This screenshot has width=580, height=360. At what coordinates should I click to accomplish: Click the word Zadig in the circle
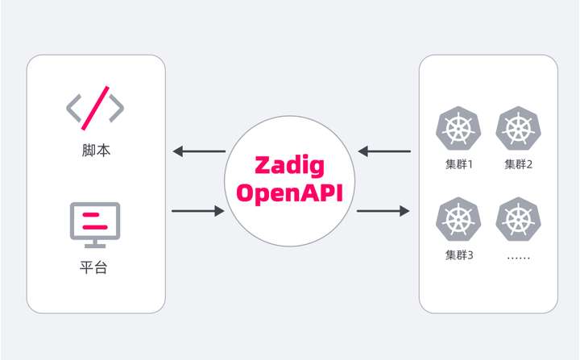click(290, 166)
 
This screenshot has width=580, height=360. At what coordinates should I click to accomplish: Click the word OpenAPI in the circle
click(290, 192)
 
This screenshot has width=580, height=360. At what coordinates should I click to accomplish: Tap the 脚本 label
click(96, 151)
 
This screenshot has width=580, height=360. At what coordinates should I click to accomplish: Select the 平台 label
click(93, 267)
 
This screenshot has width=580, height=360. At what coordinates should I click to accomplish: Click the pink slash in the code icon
click(95, 108)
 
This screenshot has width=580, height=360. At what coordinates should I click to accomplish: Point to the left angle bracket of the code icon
click(73, 108)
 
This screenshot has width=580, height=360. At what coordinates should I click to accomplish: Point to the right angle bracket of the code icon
click(117, 108)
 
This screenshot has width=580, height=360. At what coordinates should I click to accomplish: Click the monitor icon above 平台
click(95, 225)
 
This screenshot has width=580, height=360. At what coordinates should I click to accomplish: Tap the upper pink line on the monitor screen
click(90, 214)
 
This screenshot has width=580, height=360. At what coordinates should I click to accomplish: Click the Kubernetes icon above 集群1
click(458, 128)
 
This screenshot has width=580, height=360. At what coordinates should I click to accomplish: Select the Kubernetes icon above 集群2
click(518, 128)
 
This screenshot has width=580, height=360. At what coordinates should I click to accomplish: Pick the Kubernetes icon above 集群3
click(458, 219)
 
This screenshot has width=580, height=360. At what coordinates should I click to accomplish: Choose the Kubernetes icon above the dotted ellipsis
click(518, 219)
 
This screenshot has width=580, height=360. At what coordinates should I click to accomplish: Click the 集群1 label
click(459, 164)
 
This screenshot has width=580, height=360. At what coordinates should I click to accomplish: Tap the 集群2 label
click(519, 164)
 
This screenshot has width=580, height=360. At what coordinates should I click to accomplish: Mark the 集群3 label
click(459, 255)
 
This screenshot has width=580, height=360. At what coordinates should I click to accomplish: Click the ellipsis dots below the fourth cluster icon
click(519, 258)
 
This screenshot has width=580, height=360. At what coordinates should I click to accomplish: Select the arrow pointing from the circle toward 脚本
click(199, 151)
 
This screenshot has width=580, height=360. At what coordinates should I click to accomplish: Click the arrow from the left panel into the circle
click(198, 211)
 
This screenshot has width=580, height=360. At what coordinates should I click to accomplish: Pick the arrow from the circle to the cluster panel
click(383, 211)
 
